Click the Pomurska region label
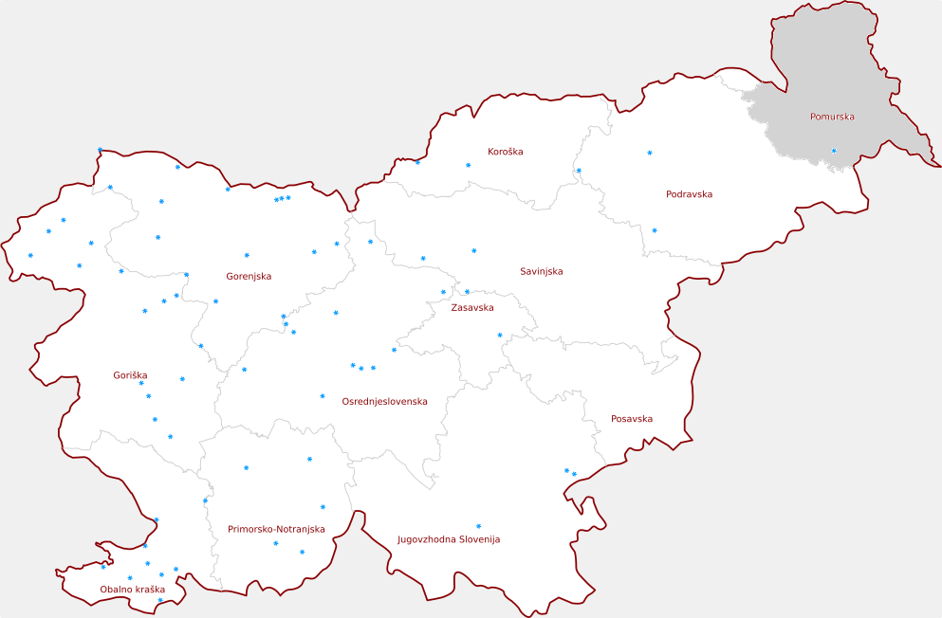[x=832, y=117]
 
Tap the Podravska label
[x=689, y=194]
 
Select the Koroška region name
[x=505, y=152]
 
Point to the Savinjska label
[x=541, y=271]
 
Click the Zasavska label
[x=471, y=308]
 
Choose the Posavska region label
[x=631, y=418]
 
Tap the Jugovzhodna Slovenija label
[x=448, y=539]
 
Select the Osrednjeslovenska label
[x=384, y=401]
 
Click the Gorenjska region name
[x=249, y=277]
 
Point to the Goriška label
[x=130, y=375]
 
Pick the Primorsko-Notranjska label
[x=276, y=529]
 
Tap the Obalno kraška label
[x=132, y=590]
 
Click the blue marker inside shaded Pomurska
[x=834, y=151]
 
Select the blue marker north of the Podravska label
[x=650, y=153]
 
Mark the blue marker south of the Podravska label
[x=655, y=230]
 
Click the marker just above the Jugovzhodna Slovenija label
[x=478, y=526]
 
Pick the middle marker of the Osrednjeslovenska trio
[x=361, y=368]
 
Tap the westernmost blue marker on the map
[x=30, y=255]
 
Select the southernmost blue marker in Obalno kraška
[x=159, y=600]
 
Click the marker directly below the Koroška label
[x=468, y=165]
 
